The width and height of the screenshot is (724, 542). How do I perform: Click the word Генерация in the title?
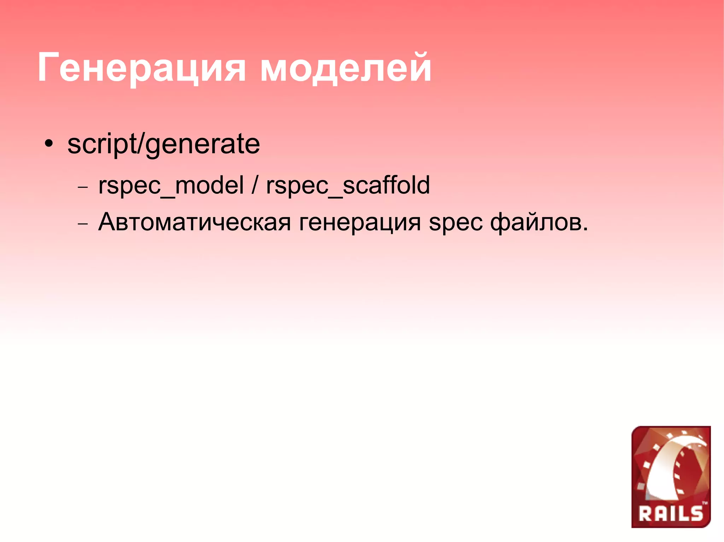141,68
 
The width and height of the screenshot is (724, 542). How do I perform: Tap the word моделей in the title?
346,68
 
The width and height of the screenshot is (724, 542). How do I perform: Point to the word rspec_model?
171,185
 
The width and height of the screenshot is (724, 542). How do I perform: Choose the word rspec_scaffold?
348,185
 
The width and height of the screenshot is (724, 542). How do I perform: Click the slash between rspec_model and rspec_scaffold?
255,185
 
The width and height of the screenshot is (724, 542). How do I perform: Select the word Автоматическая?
194,222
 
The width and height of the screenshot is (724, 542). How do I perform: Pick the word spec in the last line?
455,223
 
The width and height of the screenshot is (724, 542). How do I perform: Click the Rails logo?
671,477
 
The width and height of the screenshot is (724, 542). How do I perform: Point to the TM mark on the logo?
705,503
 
